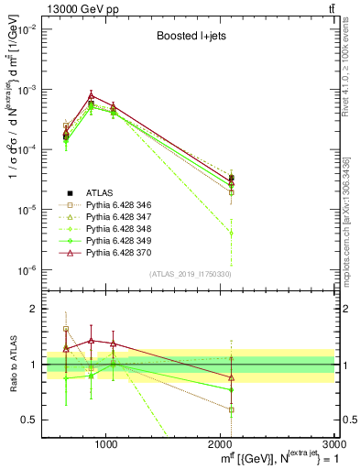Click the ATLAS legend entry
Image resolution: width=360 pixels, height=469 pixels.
pos(99,192)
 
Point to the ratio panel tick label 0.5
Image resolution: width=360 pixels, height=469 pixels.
pos(30,420)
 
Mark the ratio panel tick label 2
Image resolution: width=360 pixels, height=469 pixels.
pos(34,310)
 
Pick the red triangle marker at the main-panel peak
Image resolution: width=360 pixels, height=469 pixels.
pos(91,95)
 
